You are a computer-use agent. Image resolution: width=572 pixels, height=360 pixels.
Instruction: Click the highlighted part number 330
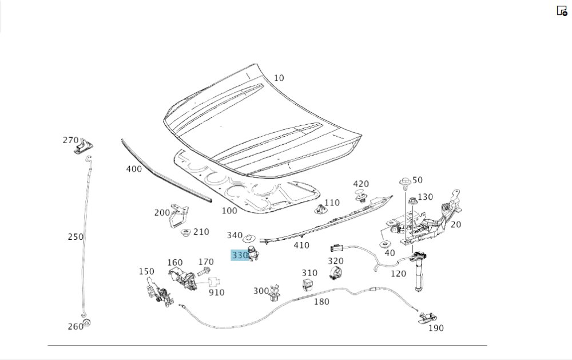click(240, 255)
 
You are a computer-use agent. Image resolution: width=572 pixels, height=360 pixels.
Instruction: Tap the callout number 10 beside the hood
click(279, 78)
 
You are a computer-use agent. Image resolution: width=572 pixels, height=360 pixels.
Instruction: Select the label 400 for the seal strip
click(134, 169)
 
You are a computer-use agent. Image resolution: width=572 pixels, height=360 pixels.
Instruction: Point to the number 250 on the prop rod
click(76, 236)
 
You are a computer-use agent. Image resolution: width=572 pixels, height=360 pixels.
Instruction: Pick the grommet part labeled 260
click(86, 323)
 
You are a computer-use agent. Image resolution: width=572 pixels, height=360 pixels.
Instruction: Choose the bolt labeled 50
click(405, 183)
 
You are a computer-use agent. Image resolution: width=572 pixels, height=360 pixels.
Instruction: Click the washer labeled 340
click(249, 238)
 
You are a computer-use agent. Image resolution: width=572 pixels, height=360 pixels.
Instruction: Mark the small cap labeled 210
click(186, 233)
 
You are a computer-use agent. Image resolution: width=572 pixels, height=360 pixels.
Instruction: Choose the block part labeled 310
click(308, 284)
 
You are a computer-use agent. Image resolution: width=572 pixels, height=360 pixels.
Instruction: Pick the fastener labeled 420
click(361, 199)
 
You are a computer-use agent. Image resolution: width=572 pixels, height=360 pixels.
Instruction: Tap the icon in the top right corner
click(562, 11)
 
